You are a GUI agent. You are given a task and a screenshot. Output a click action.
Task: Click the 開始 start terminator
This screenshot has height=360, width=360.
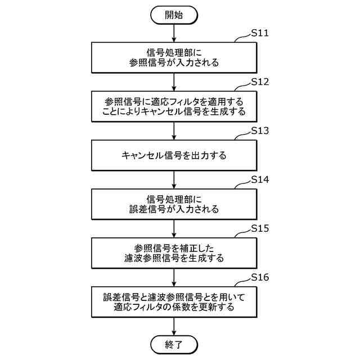(174, 15)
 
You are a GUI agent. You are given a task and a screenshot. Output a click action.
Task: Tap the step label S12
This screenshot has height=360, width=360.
(259, 82)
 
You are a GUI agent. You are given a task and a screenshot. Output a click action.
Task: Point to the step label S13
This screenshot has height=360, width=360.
(259, 132)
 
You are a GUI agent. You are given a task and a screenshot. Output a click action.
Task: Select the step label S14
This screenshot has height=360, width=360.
(259, 181)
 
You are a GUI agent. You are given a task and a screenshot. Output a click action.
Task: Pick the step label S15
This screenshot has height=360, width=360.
(259, 229)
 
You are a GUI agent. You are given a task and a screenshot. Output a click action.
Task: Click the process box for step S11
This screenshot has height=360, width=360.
(174, 57)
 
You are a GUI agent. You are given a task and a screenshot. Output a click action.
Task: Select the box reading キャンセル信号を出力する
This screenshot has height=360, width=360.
(174, 155)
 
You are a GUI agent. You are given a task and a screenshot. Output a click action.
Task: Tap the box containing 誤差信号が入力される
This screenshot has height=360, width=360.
(174, 204)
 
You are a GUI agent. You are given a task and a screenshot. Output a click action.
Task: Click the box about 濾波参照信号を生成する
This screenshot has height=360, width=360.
(174, 253)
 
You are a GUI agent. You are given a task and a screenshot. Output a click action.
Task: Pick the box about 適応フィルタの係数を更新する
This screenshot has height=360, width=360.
(174, 302)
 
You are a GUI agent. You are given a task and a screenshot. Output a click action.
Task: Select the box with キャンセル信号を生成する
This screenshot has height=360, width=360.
(174, 106)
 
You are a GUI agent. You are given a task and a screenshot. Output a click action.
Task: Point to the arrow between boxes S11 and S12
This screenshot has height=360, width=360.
(174, 81)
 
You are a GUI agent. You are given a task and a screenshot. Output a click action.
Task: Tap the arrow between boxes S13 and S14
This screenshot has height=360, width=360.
(174, 179)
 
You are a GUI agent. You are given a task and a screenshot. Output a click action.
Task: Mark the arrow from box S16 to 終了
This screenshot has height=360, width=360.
(174, 326)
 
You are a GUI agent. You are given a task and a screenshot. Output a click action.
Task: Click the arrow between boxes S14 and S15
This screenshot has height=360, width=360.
(174, 228)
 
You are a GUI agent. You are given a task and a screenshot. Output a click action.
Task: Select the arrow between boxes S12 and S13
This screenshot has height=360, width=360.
(174, 130)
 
